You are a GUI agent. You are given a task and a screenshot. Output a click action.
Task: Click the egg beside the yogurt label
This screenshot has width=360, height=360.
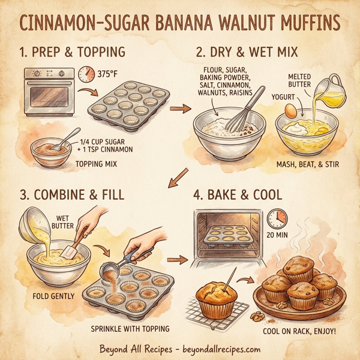[x=290, y=110]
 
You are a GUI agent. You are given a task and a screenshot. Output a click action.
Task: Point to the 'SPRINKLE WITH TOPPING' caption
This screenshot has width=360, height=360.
[x=130, y=328]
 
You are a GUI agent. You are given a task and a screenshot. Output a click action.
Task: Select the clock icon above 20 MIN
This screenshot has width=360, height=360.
[x=277, y=217]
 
